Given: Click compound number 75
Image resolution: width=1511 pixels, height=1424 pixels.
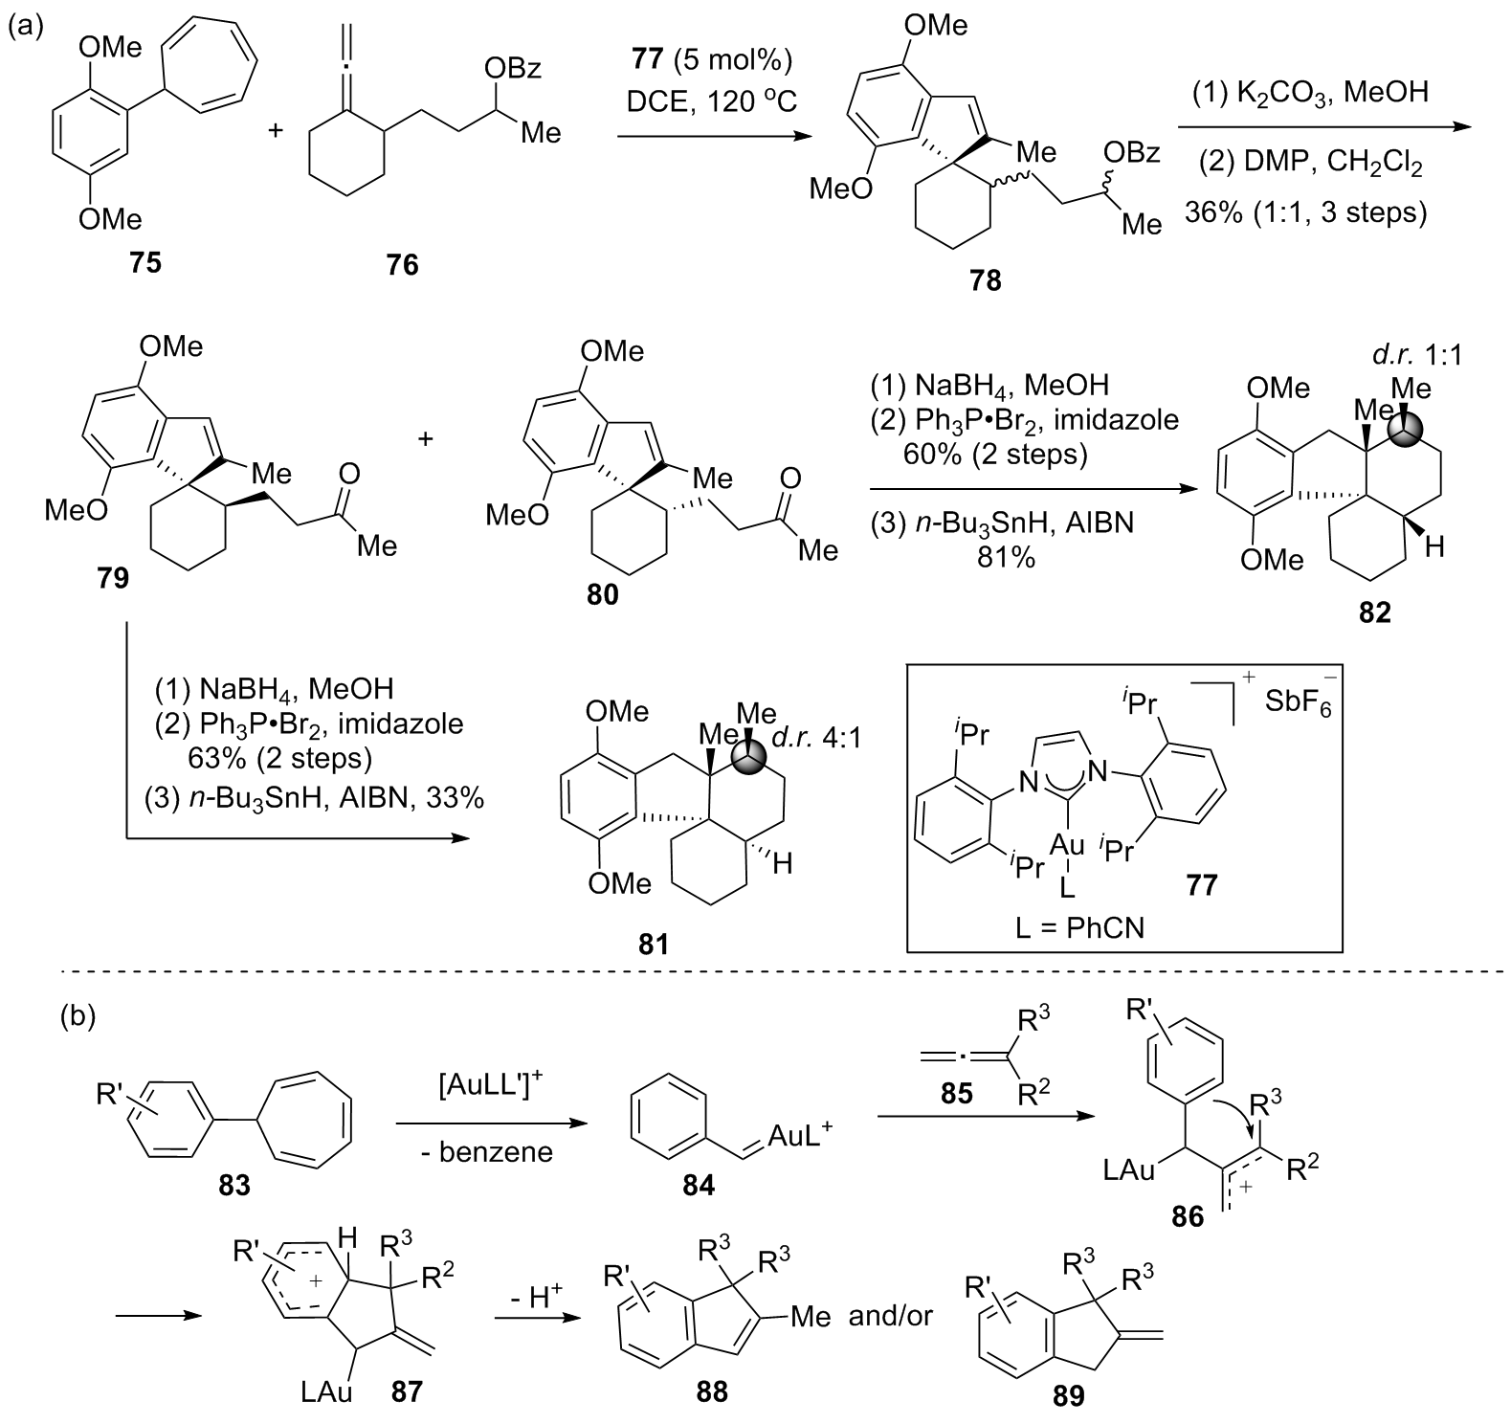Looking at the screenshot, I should coord(145,261).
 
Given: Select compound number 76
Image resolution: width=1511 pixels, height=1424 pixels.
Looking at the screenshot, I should coord(402,264).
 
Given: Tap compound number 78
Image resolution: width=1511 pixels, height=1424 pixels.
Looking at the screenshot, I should coord(985,279).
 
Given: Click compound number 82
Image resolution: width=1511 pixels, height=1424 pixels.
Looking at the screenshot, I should coord(1374,612).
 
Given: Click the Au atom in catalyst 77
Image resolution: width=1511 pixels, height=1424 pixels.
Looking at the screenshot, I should coord(1067,845).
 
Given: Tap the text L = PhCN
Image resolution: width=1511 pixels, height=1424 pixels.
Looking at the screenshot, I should coord(1079,926).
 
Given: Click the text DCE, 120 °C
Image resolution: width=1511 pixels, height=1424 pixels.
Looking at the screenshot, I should coord(706,100).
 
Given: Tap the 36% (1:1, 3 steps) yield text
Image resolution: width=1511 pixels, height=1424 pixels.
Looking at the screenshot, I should coord(1305,211).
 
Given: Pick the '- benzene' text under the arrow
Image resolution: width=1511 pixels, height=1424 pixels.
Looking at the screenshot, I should coord(487,1151).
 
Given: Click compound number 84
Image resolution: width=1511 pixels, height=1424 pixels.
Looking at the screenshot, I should coord(697,1185).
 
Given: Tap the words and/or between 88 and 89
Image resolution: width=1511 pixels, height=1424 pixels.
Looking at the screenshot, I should coord(889,1316).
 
